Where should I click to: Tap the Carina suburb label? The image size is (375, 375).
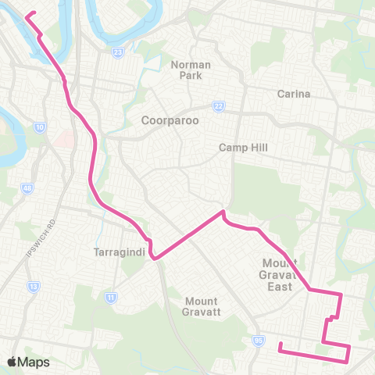pyautogui.click(x=294, y=94)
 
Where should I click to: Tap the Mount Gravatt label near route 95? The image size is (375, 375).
pyautogui.click(x=202, y=306)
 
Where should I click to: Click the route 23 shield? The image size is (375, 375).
pyautogui.click(x=117, y=53)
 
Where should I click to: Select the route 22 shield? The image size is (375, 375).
pyautogui.click(x=219, y=107)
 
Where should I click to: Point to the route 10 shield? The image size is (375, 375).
pyautogui.click(x=39, y=127)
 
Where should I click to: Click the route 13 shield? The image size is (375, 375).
pyautogui.click(x=34, y=287)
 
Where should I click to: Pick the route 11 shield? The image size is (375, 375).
pyautogui.click(x=112, y=297)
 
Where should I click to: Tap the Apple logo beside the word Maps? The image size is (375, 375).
pyautogui.click(x=12, y=362)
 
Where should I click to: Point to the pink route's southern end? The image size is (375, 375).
pyautogui.click(x=280, y=342)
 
